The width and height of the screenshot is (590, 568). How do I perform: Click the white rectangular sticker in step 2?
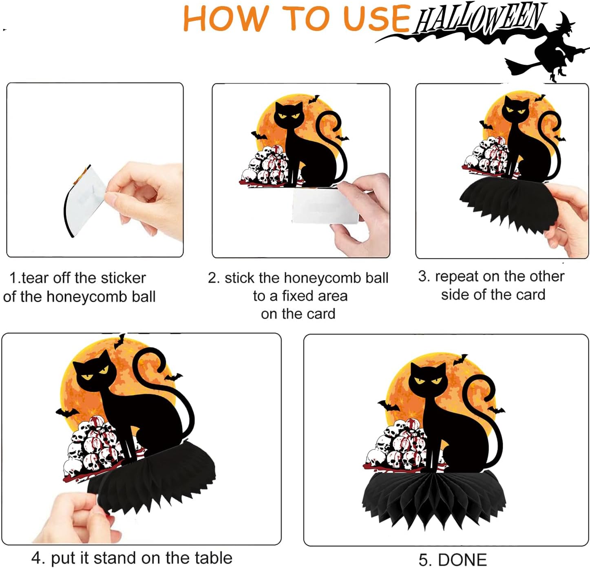pyautogui.click(x=325, y=206)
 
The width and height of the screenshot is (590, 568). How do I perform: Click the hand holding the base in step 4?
pyautogui.click(x=76, y=517)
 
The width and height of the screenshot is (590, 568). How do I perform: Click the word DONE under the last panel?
pyautogui.click(x=462, y=559)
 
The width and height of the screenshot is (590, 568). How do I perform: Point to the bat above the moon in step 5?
pyautogui.click(x=460, y=359)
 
